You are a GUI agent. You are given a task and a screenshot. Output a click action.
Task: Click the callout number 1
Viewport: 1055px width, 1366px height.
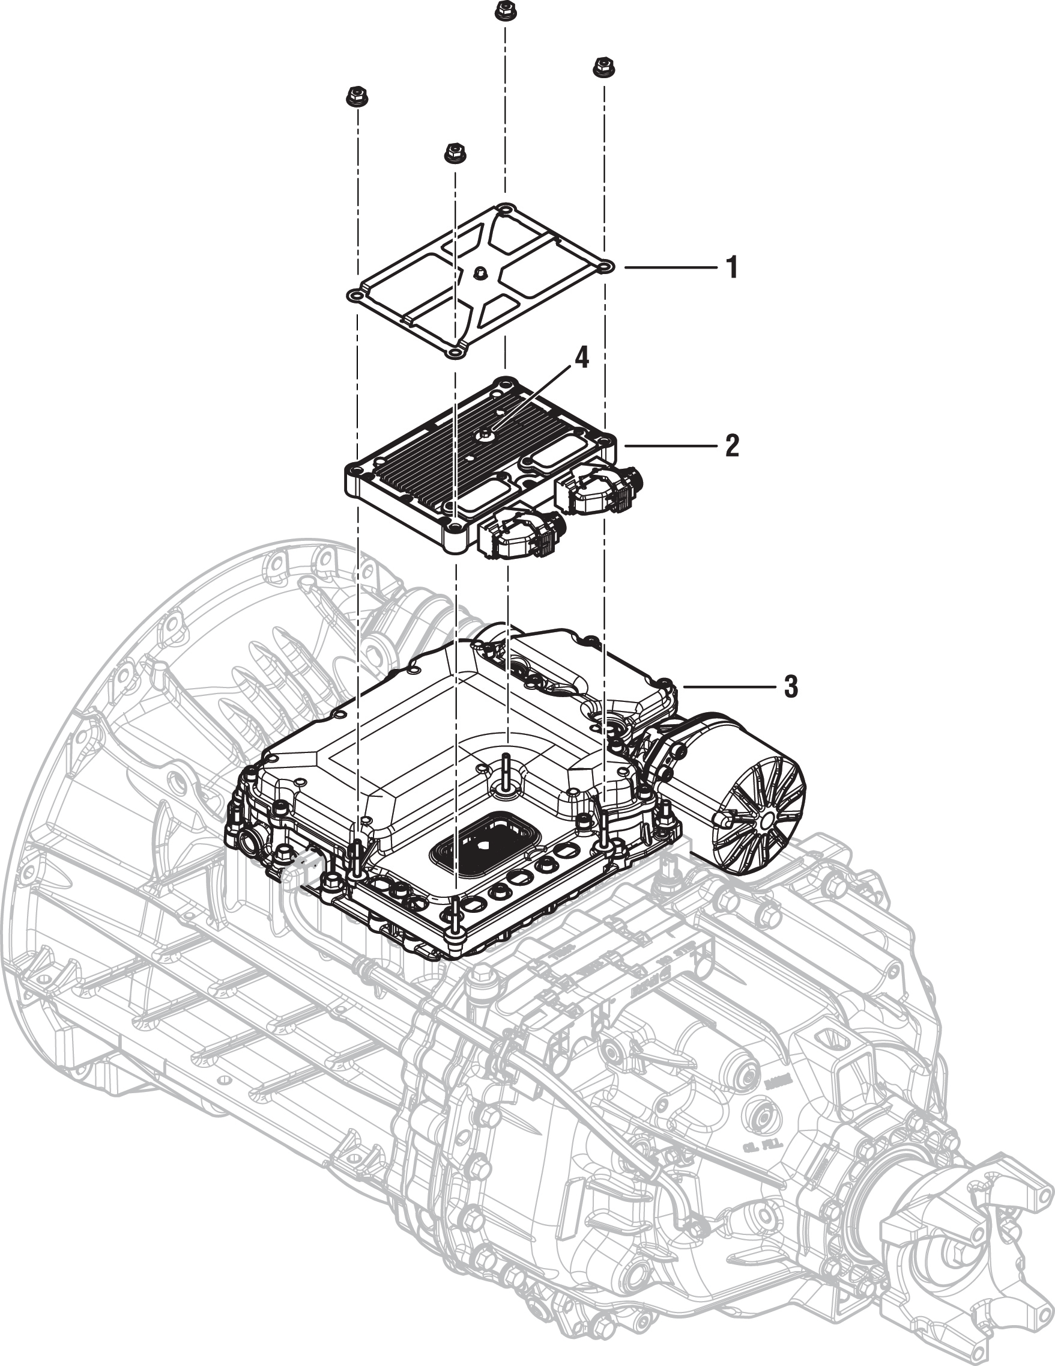tap(732, 267)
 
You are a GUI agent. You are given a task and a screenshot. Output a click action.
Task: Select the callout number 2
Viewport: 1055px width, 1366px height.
tap(732, 446)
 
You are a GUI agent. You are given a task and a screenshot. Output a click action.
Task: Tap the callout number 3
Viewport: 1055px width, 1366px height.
tap(791, 687)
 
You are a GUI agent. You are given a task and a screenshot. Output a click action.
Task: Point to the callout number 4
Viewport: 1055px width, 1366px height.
tap(582, 359)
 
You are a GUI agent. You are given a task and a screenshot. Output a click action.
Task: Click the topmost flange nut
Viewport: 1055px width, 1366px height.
tap(502, 11)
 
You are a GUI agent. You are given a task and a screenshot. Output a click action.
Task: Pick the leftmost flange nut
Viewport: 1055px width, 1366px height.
tap(354, 97)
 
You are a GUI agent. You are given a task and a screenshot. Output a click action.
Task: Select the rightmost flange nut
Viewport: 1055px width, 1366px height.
tap(602, 66)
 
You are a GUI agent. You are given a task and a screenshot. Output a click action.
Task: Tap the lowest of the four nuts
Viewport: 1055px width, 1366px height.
tap(453, 153)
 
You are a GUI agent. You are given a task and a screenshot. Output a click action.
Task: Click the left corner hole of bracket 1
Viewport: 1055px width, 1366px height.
tap(355, 294)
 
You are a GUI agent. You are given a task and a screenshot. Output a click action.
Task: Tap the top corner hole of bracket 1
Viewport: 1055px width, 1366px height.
tap(504, 209)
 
